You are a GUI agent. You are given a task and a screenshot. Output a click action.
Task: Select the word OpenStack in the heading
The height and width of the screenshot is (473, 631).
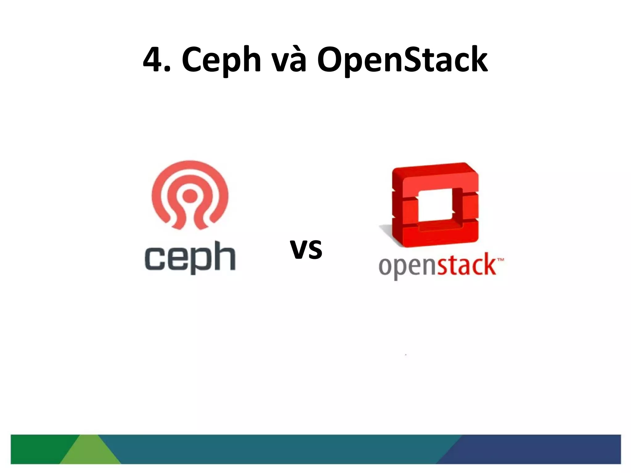click(402, 60)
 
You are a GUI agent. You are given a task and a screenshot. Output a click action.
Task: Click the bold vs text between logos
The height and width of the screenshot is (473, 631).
click(306, 249)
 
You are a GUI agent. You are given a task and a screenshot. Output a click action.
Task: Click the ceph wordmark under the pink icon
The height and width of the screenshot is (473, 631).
click(190, 257)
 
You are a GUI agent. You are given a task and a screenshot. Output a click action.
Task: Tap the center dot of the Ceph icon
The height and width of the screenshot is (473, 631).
click(190, 195)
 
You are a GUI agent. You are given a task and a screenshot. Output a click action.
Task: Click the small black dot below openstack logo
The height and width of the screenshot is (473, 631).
click(406, 355)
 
